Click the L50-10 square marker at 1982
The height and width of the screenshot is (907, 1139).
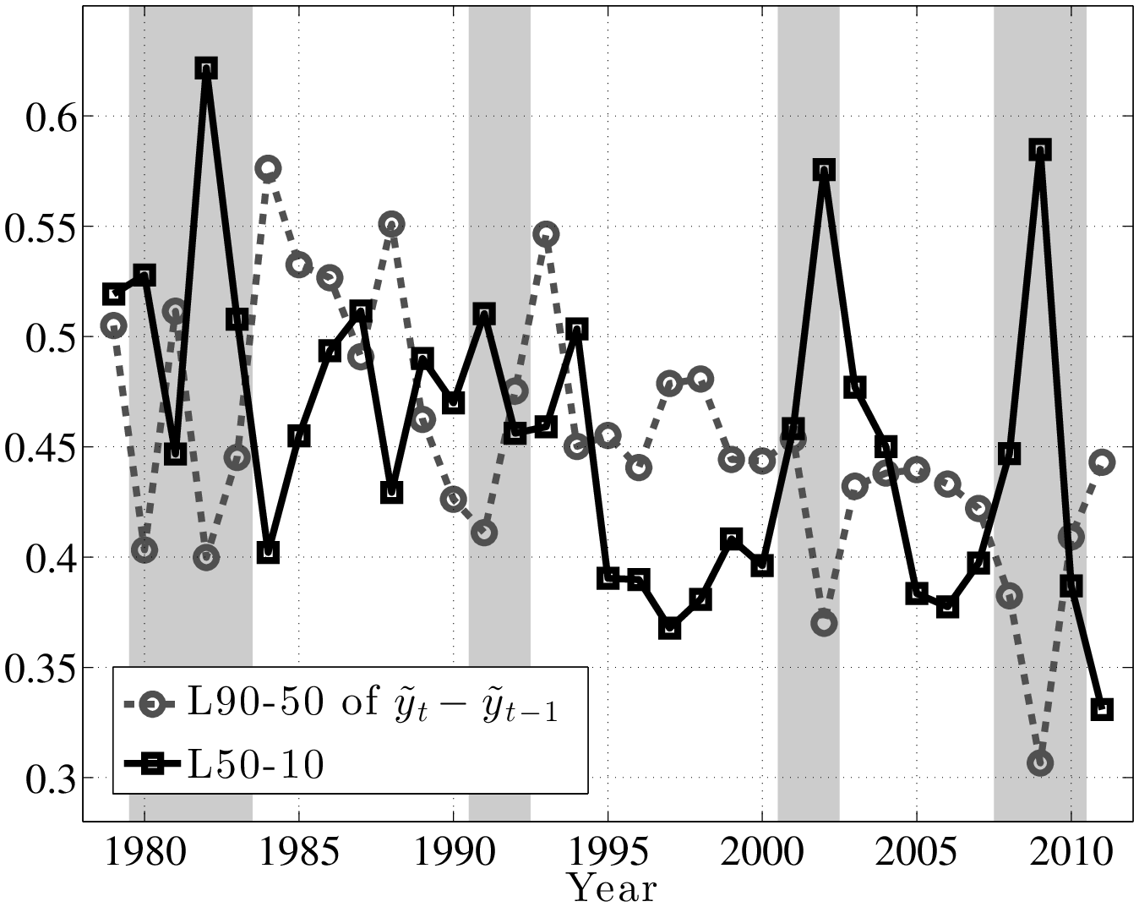coord(206,68)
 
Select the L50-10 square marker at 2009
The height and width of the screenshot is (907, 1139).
coord(1040,150)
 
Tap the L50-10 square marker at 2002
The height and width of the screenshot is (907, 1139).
coord(824,170)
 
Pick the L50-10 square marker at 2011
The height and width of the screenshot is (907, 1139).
coord(1102,709)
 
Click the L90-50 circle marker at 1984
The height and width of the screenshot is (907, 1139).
coord(268,168)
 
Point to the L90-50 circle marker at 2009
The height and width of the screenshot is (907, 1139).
coord(1040,762)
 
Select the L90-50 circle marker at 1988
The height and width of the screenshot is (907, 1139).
coord(391,224)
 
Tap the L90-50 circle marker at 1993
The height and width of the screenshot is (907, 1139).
coord(546,234)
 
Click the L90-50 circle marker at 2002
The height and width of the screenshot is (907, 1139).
coord(824,623)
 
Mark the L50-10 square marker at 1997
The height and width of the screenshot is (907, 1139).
coord(669,628)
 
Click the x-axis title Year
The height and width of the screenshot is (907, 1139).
coord(611,888)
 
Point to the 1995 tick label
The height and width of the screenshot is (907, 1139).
coord(608,853)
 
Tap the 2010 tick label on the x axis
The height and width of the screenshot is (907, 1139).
coord(1071,853)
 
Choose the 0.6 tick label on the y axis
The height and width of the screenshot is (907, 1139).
coord(49,117)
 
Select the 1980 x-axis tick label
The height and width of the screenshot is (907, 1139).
coord(144,853)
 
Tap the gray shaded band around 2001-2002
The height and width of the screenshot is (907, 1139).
coord(809,338)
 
